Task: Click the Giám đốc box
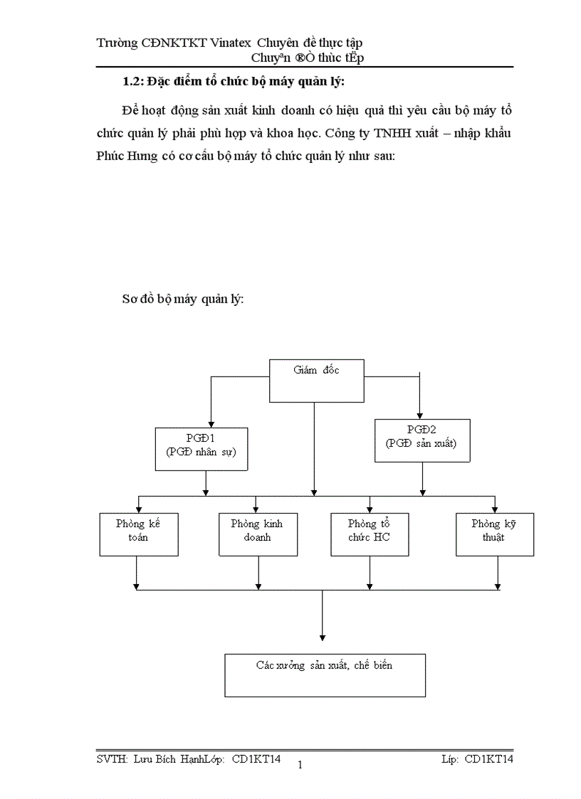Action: point(316,381)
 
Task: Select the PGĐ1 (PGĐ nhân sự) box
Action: point(201,448)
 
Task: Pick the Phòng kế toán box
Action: point(138,534)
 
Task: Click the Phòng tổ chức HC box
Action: point(369,534)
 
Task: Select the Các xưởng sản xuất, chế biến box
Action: point(325,674)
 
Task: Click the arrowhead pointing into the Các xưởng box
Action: point(323,637)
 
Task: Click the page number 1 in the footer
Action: point(300,766)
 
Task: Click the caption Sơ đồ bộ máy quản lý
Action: point(183,300)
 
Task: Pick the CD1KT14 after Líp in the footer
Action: point(488,759)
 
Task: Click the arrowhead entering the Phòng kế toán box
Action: point(139,508)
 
